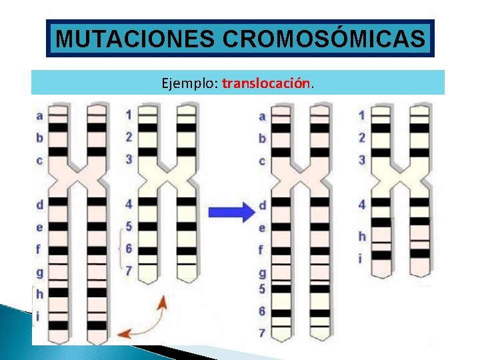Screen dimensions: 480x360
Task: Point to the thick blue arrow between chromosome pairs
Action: [232, 212]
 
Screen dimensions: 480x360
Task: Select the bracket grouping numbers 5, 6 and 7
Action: [120, 248]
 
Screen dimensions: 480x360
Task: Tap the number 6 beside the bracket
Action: [129, 249]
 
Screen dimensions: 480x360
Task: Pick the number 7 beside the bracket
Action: [129, 271]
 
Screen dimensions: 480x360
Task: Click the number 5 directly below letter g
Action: [262, 289]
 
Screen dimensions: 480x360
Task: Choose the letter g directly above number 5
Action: [262, 273]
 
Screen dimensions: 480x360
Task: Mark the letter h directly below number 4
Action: [362, 236]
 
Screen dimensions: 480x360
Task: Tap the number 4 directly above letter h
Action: [362, 204]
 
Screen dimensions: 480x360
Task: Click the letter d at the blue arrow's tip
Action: [262, 205]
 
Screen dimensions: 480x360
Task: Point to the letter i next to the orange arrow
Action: [39, 316]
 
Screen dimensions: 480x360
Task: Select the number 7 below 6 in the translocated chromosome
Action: [262, 332]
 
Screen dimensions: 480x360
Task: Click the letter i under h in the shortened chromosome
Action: [362, 258]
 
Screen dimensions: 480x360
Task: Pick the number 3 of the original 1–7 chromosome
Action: [129, 159]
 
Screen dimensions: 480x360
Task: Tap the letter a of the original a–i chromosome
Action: [39, 115]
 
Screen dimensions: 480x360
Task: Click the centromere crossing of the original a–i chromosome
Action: [78, 177]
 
